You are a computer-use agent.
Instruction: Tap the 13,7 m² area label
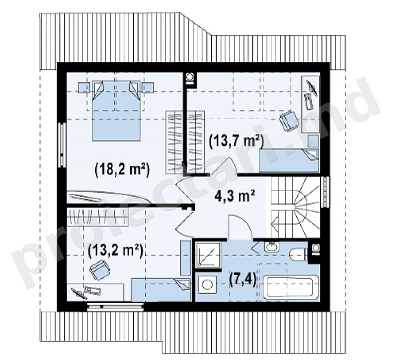coord(236,141)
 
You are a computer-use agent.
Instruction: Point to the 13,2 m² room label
coord(116,251)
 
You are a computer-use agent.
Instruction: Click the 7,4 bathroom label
coord(243,279)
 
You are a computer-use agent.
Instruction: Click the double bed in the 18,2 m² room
coord(116,111)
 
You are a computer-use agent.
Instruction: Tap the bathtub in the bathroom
coord(290,287)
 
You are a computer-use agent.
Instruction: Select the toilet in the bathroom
coord(299,254)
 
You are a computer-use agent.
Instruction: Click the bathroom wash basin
coord(272,246)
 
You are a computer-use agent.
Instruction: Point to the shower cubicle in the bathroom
coord(208,254)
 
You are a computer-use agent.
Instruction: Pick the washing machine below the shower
coord(208,285)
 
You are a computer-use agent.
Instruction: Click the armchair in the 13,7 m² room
coord(290,121)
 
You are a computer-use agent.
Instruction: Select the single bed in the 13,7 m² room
coord(289,161)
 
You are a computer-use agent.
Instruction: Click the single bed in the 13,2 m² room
coord(161,290)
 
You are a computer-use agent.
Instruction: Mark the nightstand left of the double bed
coord(84,88)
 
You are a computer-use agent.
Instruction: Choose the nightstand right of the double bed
coord(148,88)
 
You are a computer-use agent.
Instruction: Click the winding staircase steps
coord(295,207)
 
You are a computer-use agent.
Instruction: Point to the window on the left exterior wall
coord(62,145)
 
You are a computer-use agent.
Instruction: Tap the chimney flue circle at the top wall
coord(190,76)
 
